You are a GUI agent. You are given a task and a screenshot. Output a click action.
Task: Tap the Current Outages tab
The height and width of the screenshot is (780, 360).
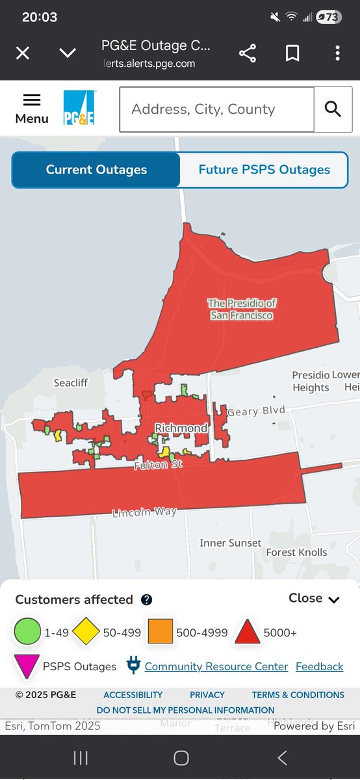(96, 170)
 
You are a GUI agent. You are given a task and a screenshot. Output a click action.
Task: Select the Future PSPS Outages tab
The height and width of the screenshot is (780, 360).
(264, 170)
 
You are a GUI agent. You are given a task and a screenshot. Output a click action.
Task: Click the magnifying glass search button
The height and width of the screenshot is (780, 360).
(333, 109)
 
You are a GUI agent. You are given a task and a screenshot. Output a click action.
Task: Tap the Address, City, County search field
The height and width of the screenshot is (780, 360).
(216, 109)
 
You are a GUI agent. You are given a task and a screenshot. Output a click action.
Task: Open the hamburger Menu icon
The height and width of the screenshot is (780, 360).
(32, 108)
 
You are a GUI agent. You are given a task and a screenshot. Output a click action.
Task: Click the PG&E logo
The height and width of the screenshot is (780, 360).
(79, 108)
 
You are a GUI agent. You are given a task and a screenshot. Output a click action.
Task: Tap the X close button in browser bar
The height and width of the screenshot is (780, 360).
(23, 53)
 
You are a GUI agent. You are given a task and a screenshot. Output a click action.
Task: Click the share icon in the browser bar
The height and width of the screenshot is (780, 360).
(248, 53)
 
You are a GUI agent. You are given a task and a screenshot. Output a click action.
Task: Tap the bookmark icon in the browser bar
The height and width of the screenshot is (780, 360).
(292, 53)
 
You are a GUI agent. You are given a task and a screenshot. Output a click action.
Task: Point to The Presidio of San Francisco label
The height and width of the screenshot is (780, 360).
(242, 309)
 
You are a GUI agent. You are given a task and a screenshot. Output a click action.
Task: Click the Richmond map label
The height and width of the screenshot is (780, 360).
(181, 428)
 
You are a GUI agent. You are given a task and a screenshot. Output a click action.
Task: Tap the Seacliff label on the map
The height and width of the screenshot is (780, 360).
(70, 383)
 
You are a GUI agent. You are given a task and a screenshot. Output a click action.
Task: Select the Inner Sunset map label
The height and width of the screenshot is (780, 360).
(230, 543)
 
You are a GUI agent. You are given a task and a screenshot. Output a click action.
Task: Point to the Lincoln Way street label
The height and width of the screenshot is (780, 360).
(144, 512)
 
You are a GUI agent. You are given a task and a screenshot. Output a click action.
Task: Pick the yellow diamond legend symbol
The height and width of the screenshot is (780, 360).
(86, 632)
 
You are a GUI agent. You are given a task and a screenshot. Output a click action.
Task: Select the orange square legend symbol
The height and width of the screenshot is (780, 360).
(160, 632)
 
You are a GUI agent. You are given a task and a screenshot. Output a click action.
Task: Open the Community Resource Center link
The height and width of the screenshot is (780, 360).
(216, 666)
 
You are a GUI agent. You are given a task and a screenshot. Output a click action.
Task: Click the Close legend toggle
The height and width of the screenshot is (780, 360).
(314, 599)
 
